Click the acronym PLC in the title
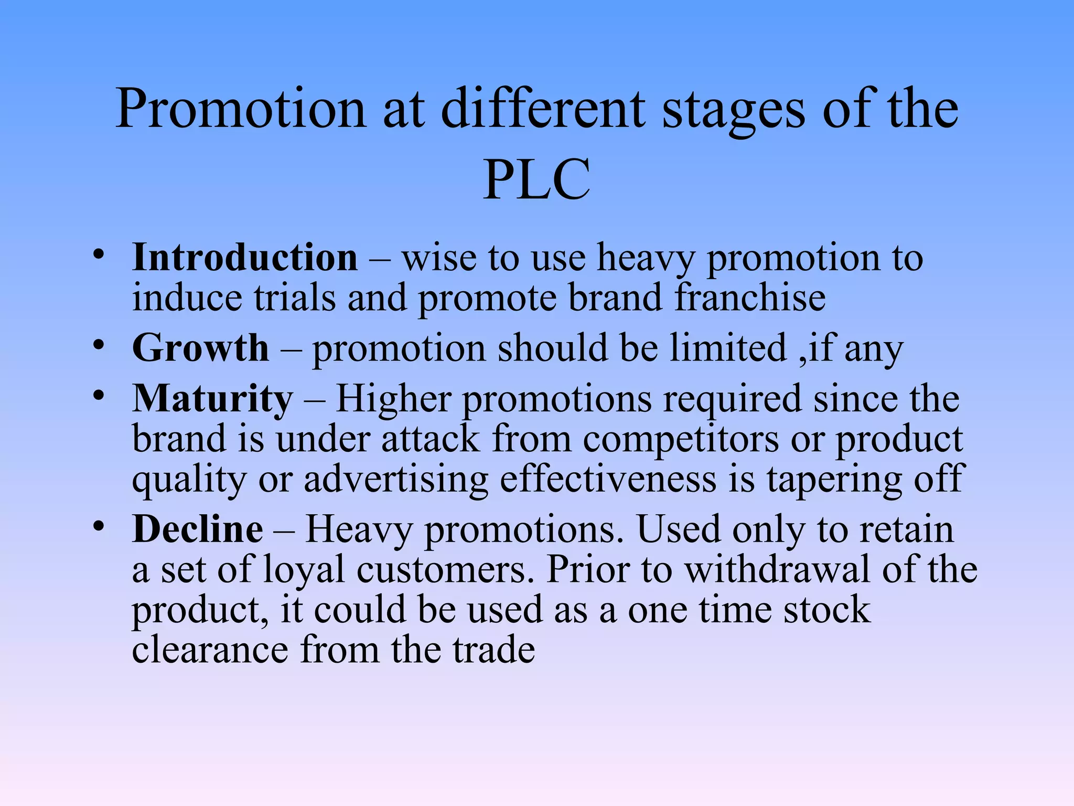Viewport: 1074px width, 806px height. click(536, 180)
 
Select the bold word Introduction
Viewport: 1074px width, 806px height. click(245, 258)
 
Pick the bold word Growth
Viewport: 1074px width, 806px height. click(201, 348)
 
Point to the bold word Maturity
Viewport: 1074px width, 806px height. click(212, 399)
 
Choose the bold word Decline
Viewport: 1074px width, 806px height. click(198, 529)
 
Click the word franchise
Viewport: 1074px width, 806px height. click(750, 298)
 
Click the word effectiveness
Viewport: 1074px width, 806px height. click(608, 479)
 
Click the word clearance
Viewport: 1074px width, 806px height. click(210, 650)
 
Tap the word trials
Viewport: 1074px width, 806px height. click(295, 298)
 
